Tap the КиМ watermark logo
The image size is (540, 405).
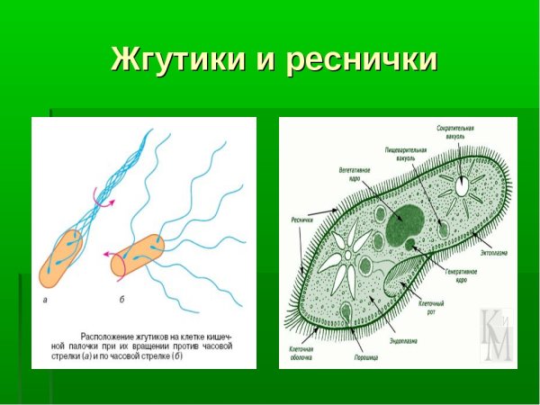(496, 336)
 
